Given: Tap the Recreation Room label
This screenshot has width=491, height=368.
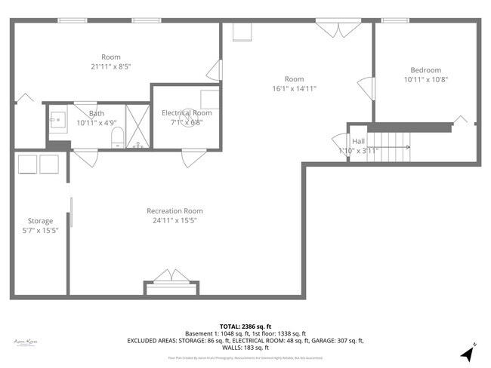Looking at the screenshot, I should (x=174, y=211).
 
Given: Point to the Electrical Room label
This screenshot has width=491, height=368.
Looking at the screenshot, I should (x=187, y=112).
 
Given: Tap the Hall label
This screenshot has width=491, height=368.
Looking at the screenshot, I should (x=359, y=141).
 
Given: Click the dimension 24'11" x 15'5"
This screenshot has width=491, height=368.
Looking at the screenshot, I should (x=174, y=221).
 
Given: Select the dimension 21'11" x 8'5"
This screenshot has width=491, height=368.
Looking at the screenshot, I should (x=111, y=66).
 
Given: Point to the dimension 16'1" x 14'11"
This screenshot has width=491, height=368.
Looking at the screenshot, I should (x=294, y=88).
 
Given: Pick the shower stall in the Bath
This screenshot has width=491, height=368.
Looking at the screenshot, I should (x=137, y=124).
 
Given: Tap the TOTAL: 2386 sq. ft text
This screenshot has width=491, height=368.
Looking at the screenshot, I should (x=246, y=325).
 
